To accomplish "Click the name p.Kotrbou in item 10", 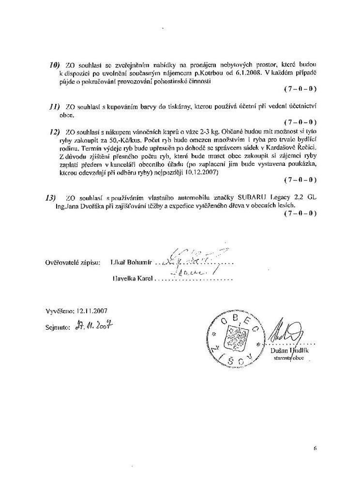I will [215, 73].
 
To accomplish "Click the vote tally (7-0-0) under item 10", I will [300, 89].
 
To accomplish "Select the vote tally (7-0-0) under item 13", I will [300, 213].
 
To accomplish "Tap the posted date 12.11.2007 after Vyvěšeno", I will [91, 311].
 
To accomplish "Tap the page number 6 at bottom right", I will [315, 448].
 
